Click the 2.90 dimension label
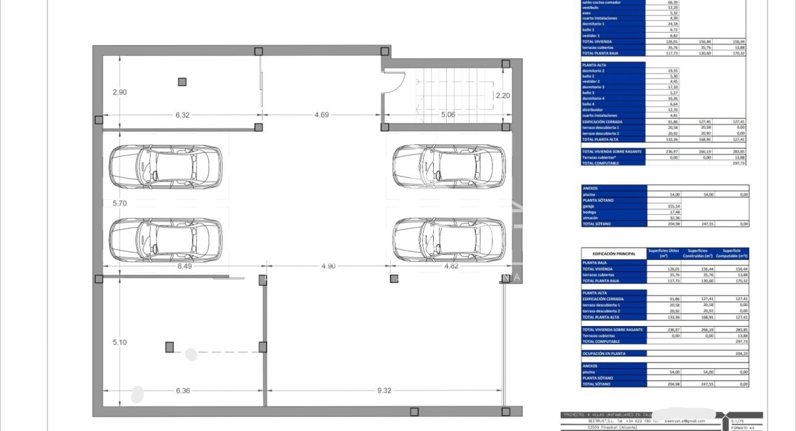click(119, 92)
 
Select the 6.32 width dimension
click(183, 114)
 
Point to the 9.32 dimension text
click(384, 390)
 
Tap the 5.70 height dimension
click(119, 203)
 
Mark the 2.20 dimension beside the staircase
click(503, 95)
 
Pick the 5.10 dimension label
click(119, 342)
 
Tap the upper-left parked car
click(165, 167)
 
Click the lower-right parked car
click(449, 238)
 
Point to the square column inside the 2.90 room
click(182, 82)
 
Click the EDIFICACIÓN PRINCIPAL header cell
click(613, 254)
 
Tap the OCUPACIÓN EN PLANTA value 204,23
click(732, 353)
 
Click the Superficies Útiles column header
click(663, 253)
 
